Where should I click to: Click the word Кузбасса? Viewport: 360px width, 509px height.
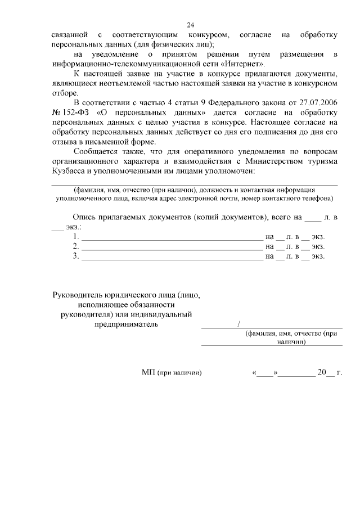[70, 171]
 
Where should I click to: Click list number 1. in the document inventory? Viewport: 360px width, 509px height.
[76, 237]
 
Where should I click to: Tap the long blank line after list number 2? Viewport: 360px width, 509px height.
[172, 247]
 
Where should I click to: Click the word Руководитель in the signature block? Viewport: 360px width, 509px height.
[82, 295]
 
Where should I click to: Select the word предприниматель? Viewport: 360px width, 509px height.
[126, 324]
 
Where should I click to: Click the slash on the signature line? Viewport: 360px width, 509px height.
[239, 324]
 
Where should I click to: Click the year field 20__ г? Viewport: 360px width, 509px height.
[330, 372]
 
